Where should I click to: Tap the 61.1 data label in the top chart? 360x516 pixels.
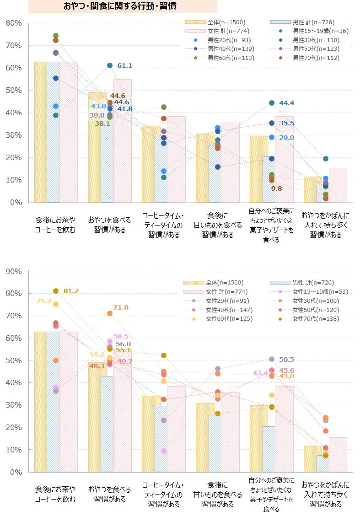pos(125,65)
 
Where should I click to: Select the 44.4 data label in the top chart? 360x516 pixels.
pos(287,103)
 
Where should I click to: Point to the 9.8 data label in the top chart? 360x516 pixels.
pos(276,188)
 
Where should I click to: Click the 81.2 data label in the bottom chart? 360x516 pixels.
pos(71,291)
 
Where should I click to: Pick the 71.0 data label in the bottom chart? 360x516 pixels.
pos(121,307)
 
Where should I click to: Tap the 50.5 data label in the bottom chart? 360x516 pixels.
pos(287,360)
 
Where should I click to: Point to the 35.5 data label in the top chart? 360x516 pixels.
pos(287,123)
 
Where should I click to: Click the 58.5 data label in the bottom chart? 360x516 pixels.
pos(121,336)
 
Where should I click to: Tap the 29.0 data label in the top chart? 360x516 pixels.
pos(287,138)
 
